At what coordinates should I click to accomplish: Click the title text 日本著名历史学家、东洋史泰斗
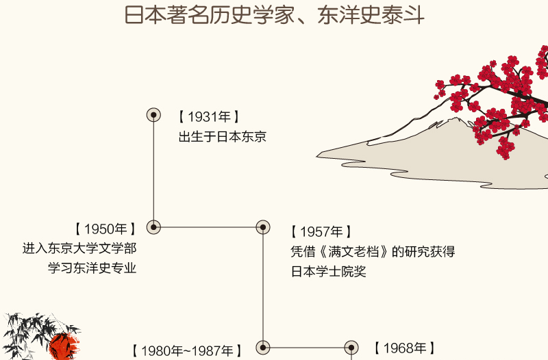tap(275, 16)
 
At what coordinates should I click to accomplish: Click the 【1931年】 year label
tap(209, 117)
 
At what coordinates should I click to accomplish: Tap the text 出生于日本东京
tap(222, 137)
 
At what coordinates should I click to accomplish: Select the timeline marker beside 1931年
tap(154, 114)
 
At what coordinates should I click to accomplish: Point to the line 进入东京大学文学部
tap(79, 248)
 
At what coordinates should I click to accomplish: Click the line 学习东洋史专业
tap(92, 268)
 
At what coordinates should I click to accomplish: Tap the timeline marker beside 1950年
tap(154, 227)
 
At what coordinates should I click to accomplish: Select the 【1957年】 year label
tap(321, 232)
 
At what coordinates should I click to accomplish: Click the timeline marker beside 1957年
tap(262, 227)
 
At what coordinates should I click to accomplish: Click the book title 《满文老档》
tap(347, 252)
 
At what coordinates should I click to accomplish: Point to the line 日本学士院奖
tap(329, 272)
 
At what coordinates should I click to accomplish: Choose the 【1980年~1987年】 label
tap(186, 351)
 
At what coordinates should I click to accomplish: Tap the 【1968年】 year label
tap(404, 348)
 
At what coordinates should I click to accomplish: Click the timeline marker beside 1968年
tap(351, 348)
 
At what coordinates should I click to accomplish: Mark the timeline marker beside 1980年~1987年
tap(262, 348)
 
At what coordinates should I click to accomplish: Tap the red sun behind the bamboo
tap(64, 346)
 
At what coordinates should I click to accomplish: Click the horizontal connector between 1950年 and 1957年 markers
tap(208, 227)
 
